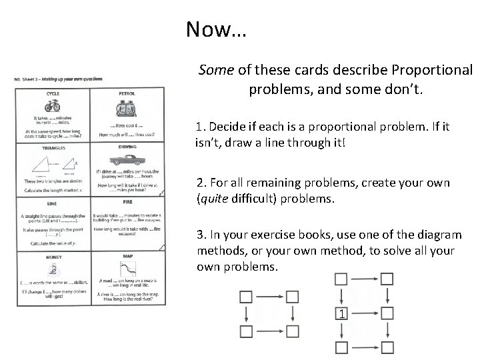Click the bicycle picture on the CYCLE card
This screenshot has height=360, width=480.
coord(53,105)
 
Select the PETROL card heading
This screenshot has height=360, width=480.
coord(127,93)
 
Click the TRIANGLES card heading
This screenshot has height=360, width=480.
coord(53,147)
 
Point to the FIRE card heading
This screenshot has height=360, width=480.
coord(127,202)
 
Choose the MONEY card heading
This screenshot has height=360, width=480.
coord(53,256)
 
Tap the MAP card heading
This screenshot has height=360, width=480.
coord(127,256)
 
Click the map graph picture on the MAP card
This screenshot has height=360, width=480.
coord(127,270)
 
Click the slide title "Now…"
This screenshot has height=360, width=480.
coord(215,29)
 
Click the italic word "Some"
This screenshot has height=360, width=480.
coord(215,70)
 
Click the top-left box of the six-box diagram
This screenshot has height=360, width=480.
coord(341,278)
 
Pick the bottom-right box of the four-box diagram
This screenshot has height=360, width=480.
coord(291,331)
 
